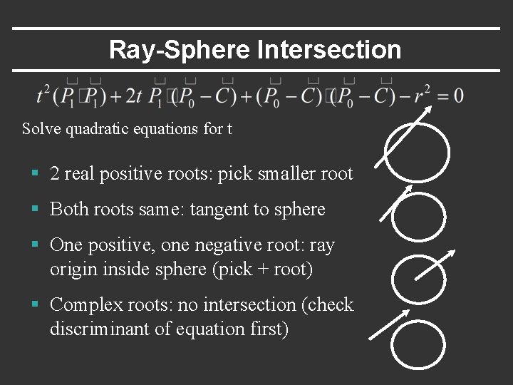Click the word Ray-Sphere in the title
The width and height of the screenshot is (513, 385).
[x=179, y=50]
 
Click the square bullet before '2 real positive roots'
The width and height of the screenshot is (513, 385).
[x=35, y=174]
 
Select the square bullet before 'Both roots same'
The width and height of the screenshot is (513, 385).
[x=35, y=210]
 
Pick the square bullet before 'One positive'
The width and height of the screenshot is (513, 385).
[x=35, y=245]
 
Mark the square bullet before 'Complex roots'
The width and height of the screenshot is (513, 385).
[x=35, y=305]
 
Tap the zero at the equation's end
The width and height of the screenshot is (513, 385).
[x=457, y=96]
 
